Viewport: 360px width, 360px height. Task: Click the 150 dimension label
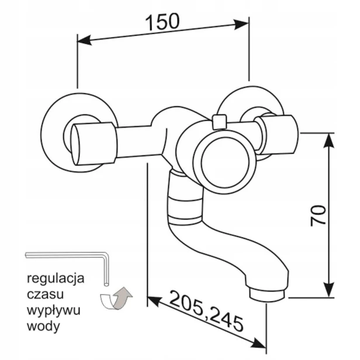tap(162, 22)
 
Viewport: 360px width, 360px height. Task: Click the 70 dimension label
tap(318, 216)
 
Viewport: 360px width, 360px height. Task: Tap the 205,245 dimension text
tap(206, 311)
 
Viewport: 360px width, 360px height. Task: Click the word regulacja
tap(56, 279)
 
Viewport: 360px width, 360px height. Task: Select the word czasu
tap(45, 294)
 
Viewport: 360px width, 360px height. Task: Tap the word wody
tap(43, 326)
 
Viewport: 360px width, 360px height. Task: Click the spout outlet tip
tap(267, 296)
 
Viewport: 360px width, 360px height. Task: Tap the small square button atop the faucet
tap(220, 122)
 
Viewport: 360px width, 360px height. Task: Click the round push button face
tap(226, 162)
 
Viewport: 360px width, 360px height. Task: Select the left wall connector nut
tap(94, 144)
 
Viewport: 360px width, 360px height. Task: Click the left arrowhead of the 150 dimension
tap(84, 40)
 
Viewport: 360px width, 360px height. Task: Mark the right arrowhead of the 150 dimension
tap(241, 25)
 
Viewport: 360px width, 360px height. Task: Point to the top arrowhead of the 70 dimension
tap(329, 141)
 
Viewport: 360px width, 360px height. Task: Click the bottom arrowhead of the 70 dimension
tap(329, 290)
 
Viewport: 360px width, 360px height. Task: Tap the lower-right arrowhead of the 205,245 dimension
tap(259, 344)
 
